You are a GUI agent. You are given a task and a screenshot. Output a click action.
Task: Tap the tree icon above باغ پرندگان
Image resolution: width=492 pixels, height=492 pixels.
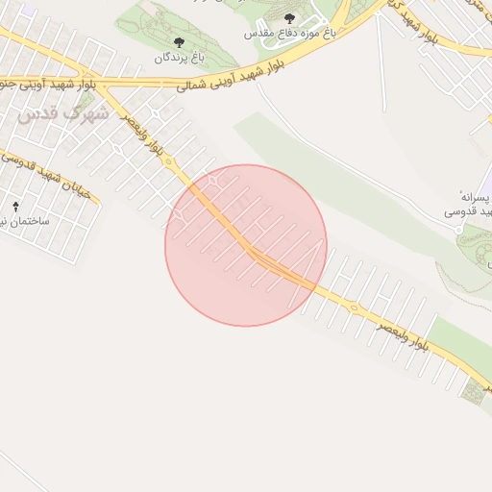(x=179, y=42)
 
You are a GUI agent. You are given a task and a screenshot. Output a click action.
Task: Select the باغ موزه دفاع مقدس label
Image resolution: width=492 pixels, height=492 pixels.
(x=289, y=33)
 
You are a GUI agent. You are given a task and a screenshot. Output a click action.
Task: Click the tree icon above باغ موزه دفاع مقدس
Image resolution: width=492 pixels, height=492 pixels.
(x=290, y=18)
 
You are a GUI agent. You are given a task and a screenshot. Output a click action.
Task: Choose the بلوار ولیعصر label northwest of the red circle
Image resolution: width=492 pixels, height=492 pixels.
(x=149, y=134)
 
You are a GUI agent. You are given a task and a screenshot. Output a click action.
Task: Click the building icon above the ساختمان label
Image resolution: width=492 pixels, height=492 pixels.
(x=15, y=207)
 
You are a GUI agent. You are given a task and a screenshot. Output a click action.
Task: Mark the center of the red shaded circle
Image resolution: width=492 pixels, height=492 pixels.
(x=246, y=245)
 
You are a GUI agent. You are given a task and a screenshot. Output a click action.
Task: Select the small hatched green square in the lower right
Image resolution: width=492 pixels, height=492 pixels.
(x=472, y=391)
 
